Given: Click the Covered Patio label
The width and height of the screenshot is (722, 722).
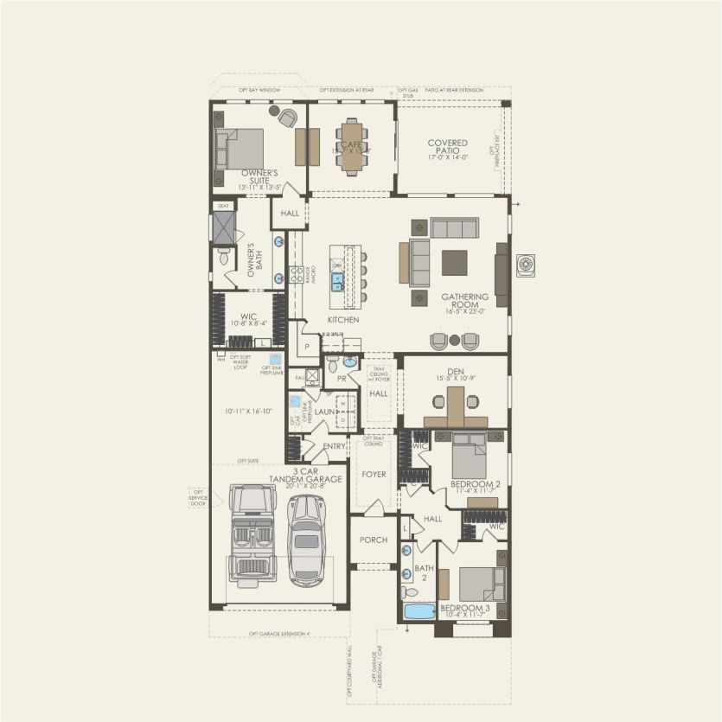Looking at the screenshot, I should [x=447, y=148].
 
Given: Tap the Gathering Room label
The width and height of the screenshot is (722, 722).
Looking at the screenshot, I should [x=465, y=302].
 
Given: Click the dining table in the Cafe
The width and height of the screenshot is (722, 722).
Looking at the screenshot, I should [x=351, y=146].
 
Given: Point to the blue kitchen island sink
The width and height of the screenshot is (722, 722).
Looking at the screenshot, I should [x=338, y=281].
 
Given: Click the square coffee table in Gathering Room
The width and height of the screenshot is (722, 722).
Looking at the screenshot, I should [x=454, y=262].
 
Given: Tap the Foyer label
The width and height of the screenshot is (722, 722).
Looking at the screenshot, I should [x=374, y=474].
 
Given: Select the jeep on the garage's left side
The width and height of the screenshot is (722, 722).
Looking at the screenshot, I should [x=251, y=528].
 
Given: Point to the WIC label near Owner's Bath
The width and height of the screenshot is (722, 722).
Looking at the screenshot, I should [x=248, y=317].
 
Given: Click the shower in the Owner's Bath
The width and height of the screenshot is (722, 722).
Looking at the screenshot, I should [x=223, y=227].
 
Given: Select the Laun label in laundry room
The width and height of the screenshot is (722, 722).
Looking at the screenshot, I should [x=324, y=412].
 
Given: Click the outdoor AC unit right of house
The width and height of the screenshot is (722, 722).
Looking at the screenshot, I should [x=526, y=265].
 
